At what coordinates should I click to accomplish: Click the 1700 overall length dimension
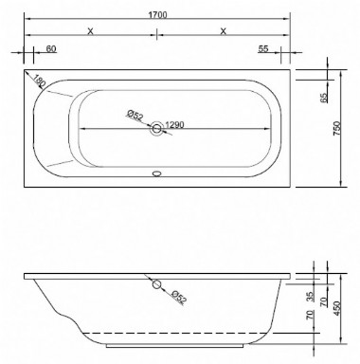click(x=155, y=9)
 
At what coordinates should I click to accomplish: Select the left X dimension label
click(x=89, y=31)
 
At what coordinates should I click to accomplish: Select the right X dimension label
click(x=223, y=31)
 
